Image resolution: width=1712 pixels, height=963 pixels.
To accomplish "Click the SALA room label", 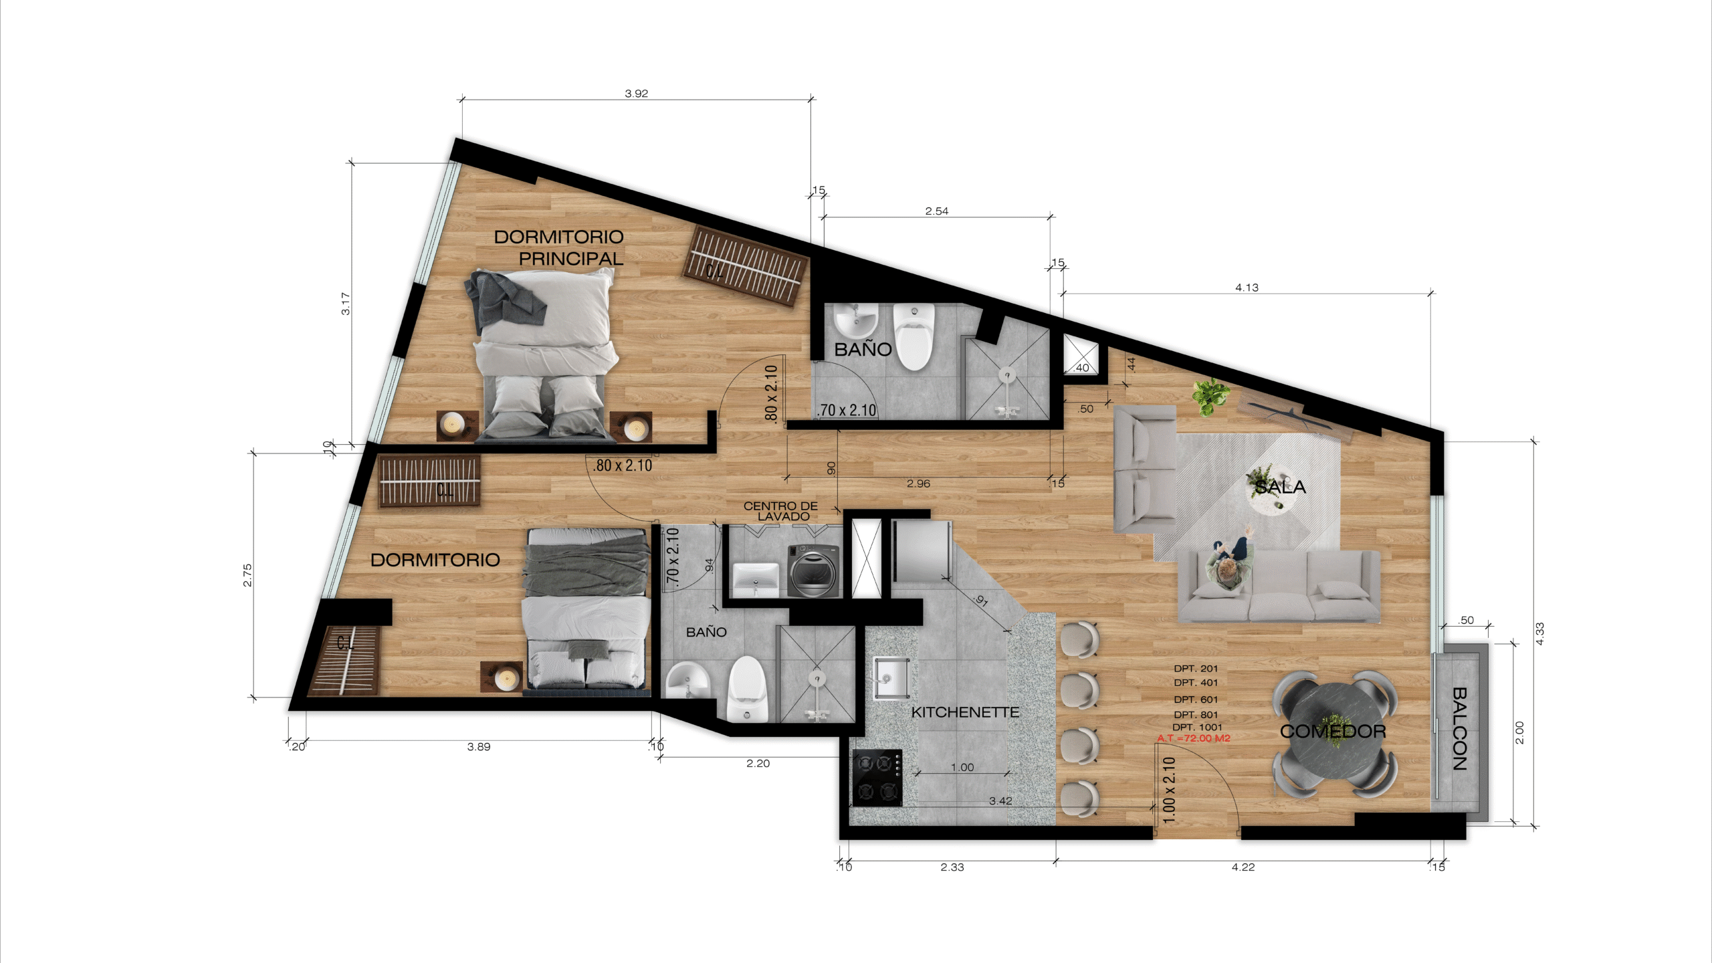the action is point(1280,487).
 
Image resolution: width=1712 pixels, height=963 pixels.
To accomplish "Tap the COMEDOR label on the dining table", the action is point(1333,731).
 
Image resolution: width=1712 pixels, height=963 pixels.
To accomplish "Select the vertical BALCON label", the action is point(1459,729).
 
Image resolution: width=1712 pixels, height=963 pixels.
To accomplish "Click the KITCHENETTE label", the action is point(965,712).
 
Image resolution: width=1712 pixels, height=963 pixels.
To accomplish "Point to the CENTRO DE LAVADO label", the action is point(781,511).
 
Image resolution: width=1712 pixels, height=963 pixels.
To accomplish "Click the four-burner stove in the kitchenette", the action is point(877,778).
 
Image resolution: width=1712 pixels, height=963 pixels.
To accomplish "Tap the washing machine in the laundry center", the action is point(813,570).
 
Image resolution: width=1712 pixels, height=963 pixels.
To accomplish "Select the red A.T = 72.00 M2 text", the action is point(1194,738).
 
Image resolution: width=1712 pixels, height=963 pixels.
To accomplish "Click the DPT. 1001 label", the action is point(1197,727).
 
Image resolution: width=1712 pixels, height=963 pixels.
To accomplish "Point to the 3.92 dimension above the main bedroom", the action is point(636,94).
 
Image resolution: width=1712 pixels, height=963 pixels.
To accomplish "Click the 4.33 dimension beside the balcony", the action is point(1539,633).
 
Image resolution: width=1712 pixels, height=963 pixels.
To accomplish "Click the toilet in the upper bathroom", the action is point(914,336).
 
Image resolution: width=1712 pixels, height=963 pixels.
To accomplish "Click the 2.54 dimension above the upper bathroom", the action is point(936,211).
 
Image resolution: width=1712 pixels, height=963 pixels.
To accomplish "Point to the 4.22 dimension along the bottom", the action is point(1243,867).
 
